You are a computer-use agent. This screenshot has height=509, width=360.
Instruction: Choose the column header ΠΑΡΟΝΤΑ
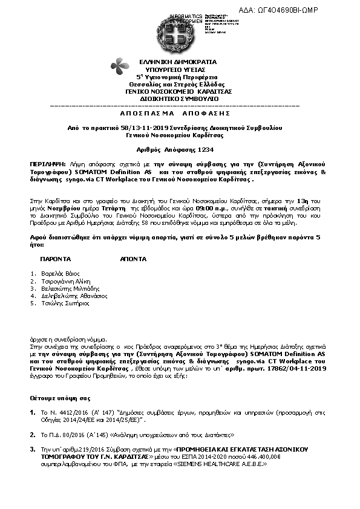(55, 258)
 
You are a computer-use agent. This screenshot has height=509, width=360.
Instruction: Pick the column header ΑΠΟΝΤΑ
(134, 258)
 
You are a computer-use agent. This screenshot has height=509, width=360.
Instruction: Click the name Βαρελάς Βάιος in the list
(62, 274)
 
